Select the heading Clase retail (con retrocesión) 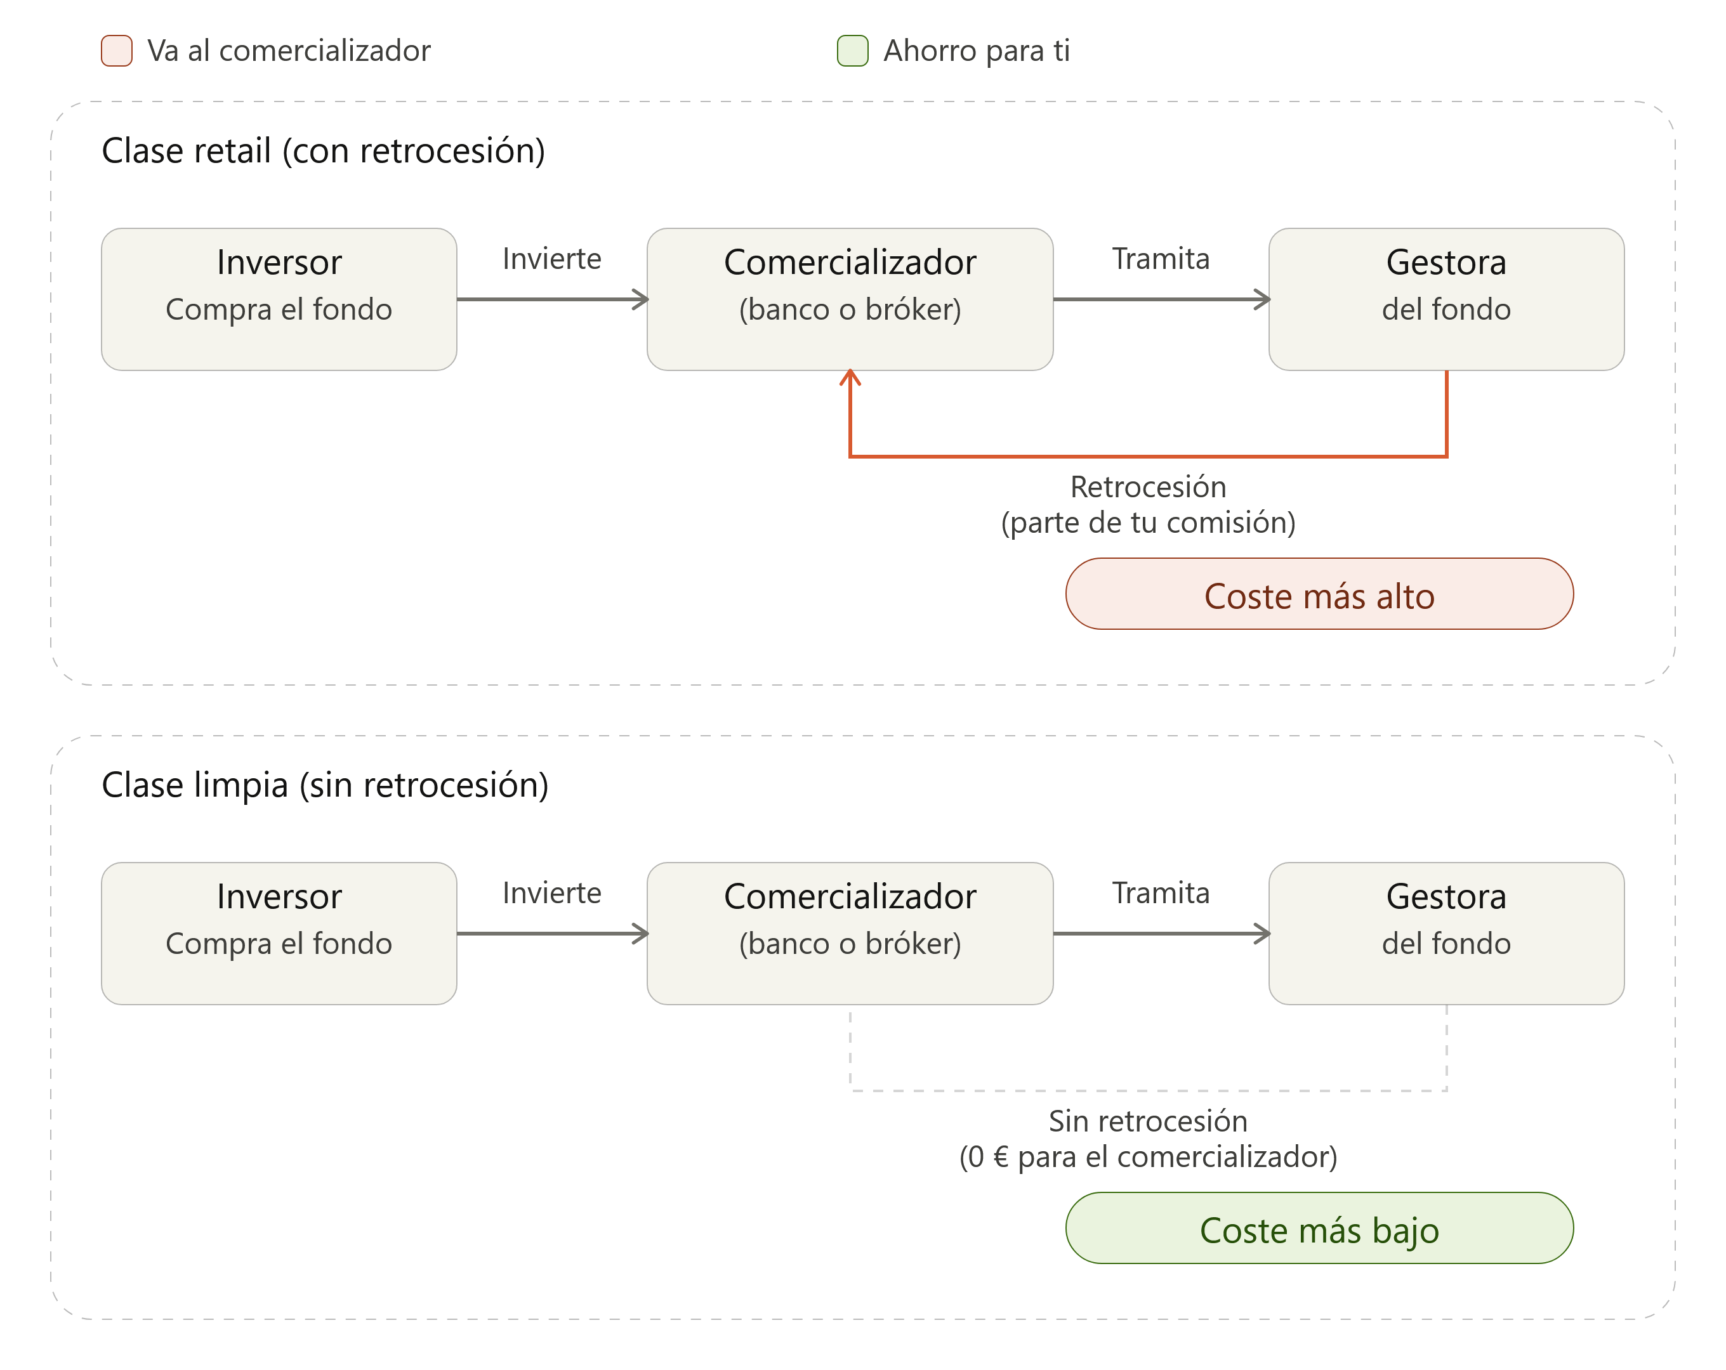coord(324,151)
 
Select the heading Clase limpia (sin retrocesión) coord(325,785)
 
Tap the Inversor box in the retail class coord(279,299)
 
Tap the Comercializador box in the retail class coord(850,299)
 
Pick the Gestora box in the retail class coord(1447,299)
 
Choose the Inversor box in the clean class coord(279,934)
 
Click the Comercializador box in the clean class coord(850,934)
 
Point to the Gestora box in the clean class coord(1447,934)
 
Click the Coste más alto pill coord(1320,594)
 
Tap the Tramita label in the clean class coord(1161,893)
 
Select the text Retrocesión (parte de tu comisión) coord(1149,505)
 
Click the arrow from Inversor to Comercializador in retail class coord(553,299)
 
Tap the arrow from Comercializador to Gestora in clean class coord(1162,934)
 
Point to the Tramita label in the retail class coord(1161,259)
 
